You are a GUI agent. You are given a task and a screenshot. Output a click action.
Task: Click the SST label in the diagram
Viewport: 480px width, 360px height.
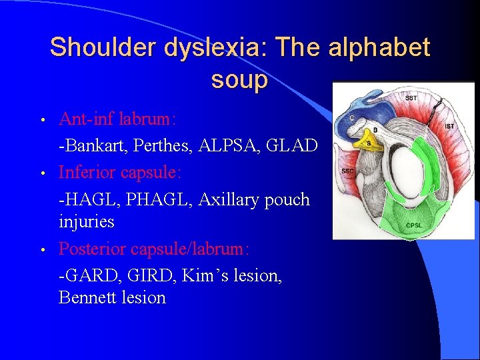click(x=411, y=98)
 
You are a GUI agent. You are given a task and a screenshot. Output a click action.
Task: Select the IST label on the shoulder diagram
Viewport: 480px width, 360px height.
click(x=449, y=125)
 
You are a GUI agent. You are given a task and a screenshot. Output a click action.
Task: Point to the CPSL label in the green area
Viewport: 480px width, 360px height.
click(x=413, y=225)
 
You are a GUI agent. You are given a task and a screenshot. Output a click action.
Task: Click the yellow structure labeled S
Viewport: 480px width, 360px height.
click(x=368, y=142)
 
